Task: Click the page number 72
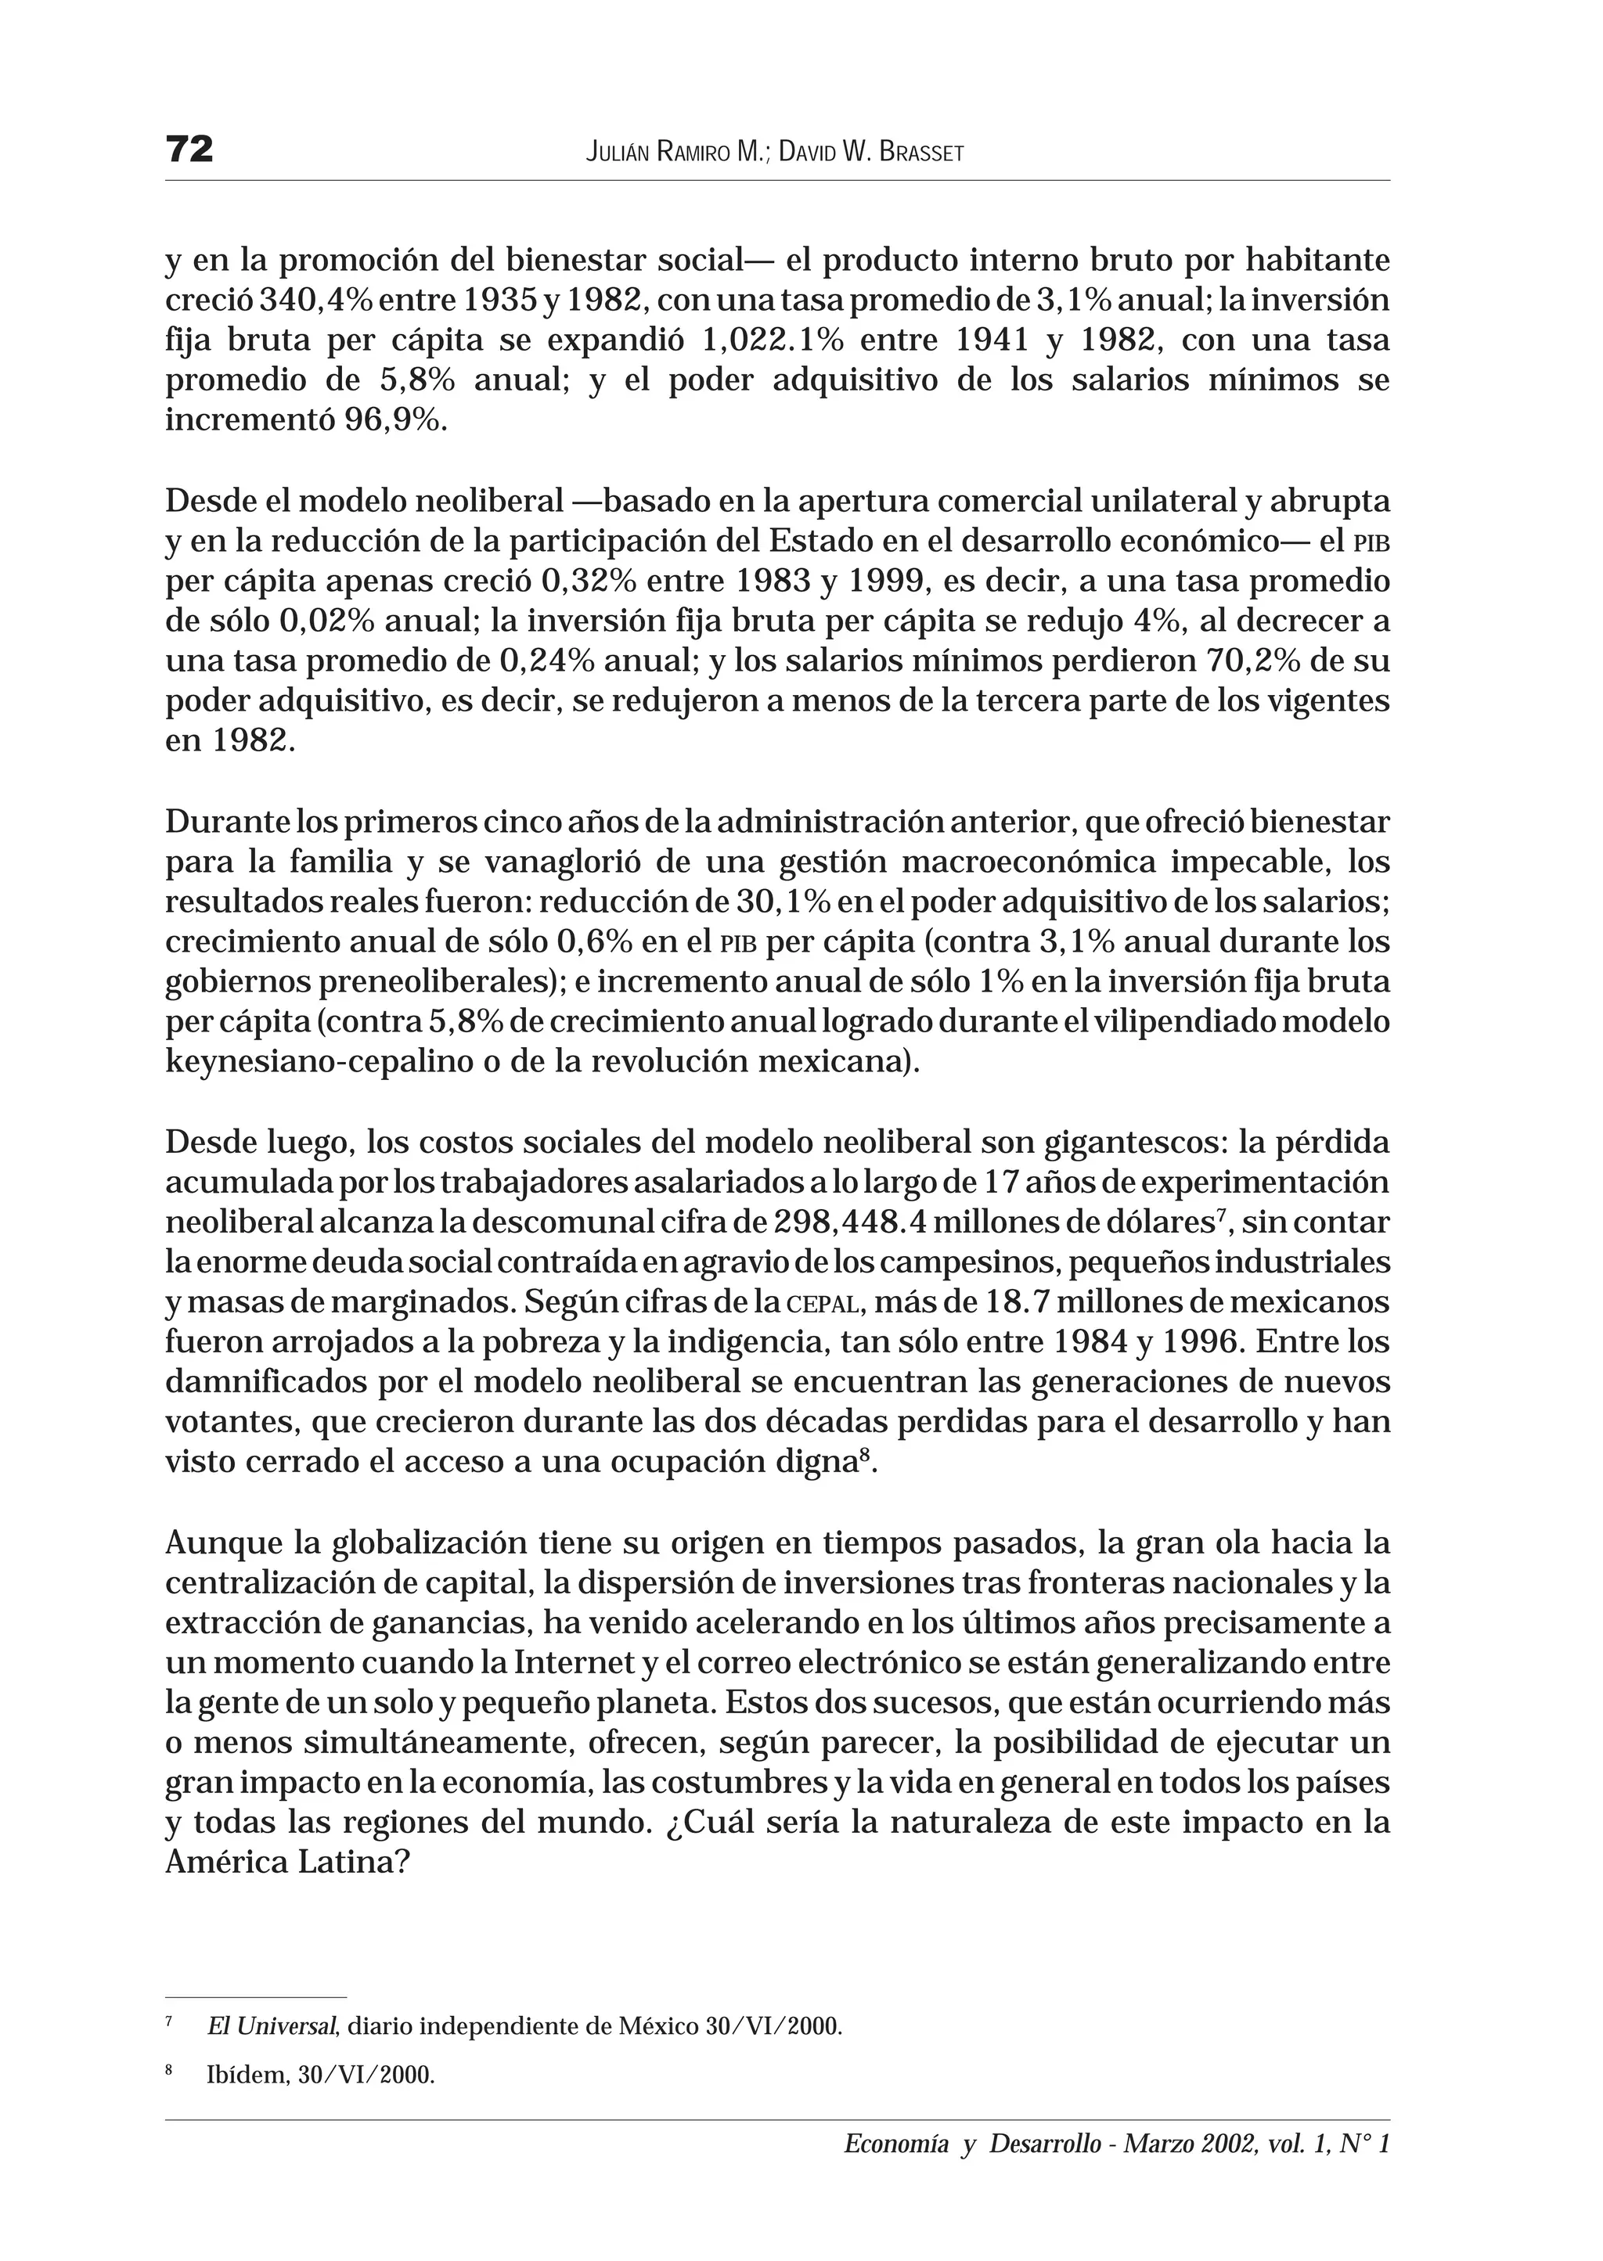[x=189, y=149]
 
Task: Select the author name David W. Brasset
[x=870, y=152]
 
